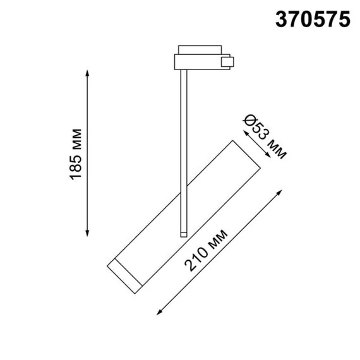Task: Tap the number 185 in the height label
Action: pos(76,168)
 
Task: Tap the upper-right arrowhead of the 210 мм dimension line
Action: pos(279,189)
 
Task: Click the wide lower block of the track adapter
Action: pos(196,62)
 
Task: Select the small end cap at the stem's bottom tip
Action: pos(184,234)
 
